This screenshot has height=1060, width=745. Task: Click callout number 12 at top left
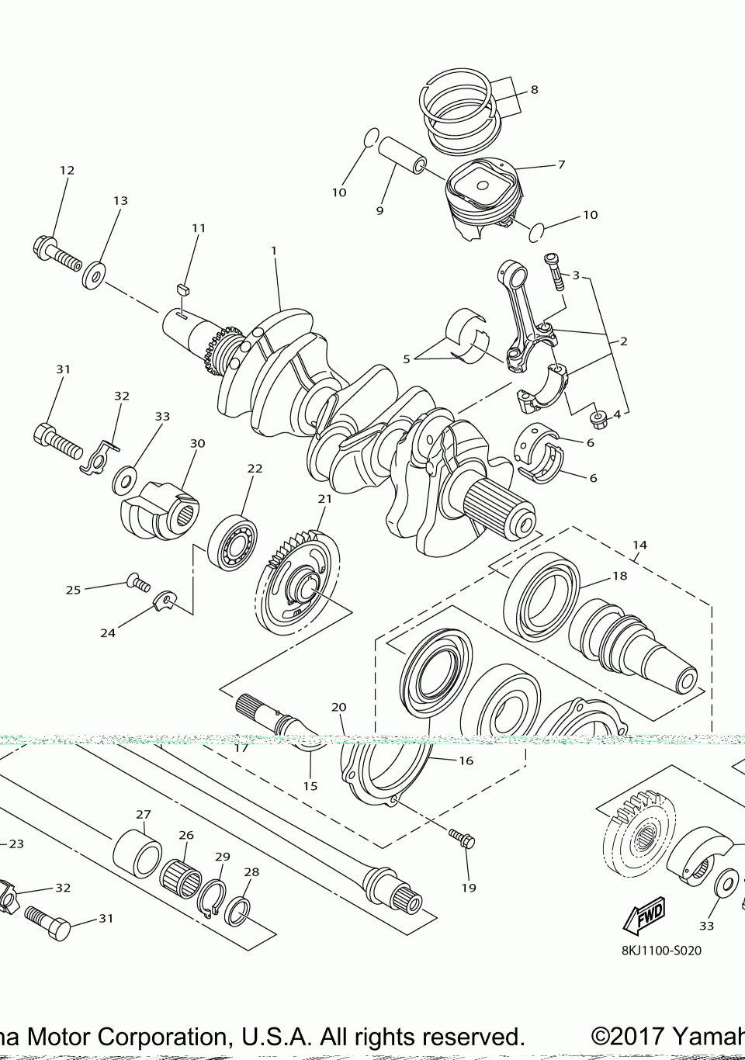(x=67, y=170)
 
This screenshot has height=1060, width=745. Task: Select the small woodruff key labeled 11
(x=184, y=288)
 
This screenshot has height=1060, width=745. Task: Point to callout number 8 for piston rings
(x=534, y=89)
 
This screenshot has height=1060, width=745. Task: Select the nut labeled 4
(x=599, y=420)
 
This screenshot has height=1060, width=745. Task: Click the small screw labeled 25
(x=137, y=581)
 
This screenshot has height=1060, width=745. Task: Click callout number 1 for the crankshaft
(x=274, y=251)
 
